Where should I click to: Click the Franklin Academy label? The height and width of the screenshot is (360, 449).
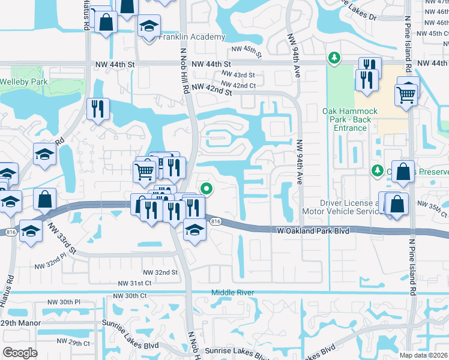(x=191, y=37)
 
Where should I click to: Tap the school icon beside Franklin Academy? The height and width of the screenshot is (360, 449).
(x=149, y=27)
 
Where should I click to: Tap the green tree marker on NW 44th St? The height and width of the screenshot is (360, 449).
(x=334, y=58)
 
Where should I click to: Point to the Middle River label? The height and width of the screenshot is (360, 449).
(x=232, y=292)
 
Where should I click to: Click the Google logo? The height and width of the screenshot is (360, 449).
(x=20, y=352)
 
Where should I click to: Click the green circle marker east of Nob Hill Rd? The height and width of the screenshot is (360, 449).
(x=206, y=188)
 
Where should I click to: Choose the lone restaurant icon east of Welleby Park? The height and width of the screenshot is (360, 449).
(x=97, y=109)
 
